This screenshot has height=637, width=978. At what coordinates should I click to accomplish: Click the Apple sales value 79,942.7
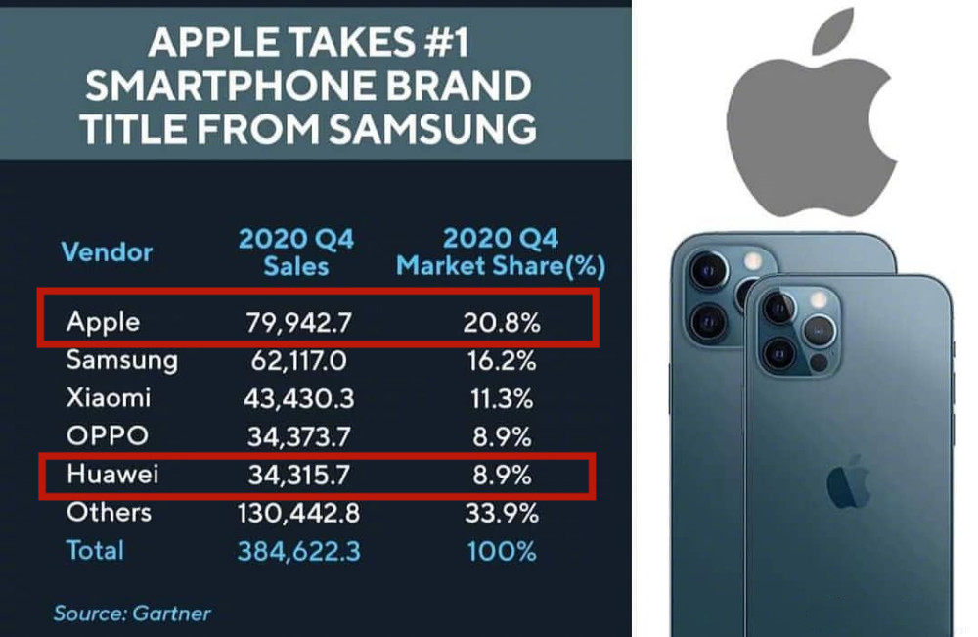(x=298, y=322)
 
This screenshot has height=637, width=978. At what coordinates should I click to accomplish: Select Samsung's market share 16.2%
(x=499, y=361)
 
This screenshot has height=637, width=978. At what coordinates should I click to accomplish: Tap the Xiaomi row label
(x=108, y=398)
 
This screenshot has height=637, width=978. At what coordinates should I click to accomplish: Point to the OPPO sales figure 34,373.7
(x=298, y=436)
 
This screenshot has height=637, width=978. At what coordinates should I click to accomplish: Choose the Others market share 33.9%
(x=499, y=513)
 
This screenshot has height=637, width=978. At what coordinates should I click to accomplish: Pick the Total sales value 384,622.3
(x=298, y=551)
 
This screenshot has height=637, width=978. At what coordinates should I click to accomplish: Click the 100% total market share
(x=499, y=551)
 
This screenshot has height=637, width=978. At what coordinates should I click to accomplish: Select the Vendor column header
(x=107, y=252)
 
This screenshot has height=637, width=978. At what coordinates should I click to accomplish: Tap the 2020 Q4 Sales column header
(x=296, y=252)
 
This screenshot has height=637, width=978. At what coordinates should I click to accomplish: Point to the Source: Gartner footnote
(x=132, y=614)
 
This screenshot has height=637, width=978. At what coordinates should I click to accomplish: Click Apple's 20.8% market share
(x=499, y=322)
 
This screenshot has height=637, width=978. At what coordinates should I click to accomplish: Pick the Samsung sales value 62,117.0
(x=298, y=361)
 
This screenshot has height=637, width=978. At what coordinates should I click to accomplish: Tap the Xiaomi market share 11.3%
(x=499, y=398)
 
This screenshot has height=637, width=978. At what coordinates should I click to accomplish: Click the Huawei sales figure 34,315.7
(x=298, y=475)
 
